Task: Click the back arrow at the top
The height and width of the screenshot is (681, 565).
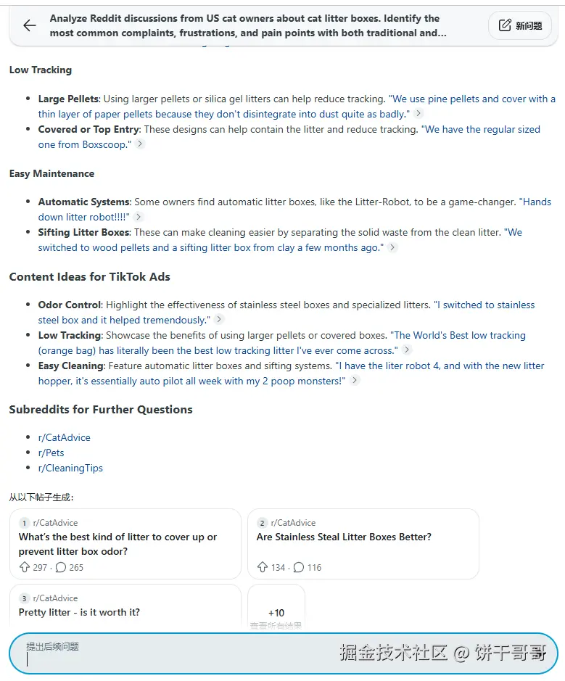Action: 29,26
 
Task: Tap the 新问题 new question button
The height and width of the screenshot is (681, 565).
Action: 520,26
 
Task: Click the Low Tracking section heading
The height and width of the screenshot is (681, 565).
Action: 41,70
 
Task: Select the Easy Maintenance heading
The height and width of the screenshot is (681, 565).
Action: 51,174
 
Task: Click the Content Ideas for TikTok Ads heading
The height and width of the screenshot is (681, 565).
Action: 89,277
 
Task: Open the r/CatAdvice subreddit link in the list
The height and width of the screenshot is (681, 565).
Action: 65,438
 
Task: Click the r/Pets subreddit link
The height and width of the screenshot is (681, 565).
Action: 51,453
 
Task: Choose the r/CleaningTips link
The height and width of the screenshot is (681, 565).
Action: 70,469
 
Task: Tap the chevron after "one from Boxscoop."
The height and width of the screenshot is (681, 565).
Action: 140,144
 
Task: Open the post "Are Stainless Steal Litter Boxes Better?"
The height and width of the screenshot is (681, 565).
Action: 344,537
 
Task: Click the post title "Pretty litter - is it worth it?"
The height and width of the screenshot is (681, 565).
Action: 79,613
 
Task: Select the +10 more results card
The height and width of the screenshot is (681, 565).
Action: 276,613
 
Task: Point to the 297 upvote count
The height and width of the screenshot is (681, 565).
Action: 40,568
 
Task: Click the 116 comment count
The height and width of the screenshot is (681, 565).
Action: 314,568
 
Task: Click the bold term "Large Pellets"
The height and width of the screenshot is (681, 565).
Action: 69,99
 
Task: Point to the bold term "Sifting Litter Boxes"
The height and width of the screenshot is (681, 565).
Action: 83,233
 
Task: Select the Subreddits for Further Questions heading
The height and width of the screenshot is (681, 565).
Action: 101,410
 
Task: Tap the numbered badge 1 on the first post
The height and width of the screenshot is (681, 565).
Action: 25,523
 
